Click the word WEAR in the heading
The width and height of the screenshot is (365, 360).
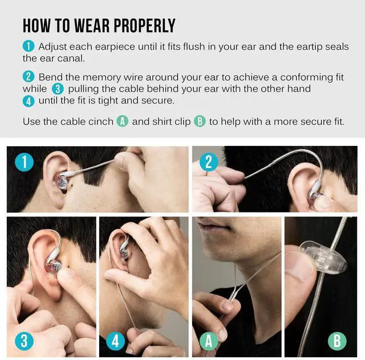point(92,26)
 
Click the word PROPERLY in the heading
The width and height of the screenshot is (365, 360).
point(144,26)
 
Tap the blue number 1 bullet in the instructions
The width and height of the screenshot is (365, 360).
point(29,46)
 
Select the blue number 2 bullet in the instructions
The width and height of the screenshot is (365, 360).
point(29,76)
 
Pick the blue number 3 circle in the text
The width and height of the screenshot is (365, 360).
point(58,89)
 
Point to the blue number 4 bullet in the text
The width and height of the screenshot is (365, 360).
point(29,101)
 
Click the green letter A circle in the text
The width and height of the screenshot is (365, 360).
point(122,121)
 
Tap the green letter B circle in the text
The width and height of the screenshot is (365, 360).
point(200,121)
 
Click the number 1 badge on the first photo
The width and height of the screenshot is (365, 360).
point(24,162)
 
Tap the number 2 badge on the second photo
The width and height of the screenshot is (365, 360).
point(209,162)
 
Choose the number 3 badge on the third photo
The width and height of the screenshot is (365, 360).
point(24,341)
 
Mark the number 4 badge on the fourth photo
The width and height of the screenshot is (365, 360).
point(115,341)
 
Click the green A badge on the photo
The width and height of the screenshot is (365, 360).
point(209,341)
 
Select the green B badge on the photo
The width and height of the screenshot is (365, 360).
point(337,341)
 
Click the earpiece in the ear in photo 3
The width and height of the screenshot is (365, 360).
point(53,264)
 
